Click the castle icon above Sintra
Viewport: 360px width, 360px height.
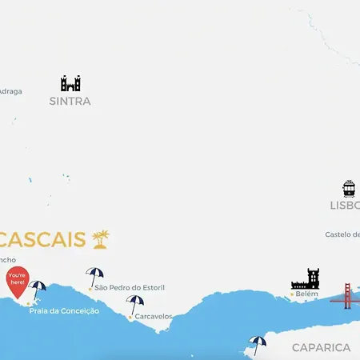(70, 83)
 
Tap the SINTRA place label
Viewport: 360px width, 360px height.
(70, 102)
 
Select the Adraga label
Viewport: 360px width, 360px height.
(10, 91)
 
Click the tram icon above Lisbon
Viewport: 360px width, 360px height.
(349, 189)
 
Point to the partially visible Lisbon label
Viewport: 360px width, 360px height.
(345, 205)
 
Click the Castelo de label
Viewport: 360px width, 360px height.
(342, 234)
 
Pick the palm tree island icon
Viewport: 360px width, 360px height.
(101, 238)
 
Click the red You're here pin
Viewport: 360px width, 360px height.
(17, 282)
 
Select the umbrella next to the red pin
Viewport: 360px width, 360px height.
(38, 289)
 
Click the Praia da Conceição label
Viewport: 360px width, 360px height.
(64, 310)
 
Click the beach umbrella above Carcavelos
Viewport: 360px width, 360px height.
(135, 303)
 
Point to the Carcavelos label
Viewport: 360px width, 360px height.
(153, 317)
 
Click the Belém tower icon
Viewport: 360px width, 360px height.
(306, 279)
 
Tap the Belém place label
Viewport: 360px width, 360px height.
(306, 294)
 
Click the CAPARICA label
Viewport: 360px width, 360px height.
(321, 347)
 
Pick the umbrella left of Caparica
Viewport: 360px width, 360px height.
(257, 343)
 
